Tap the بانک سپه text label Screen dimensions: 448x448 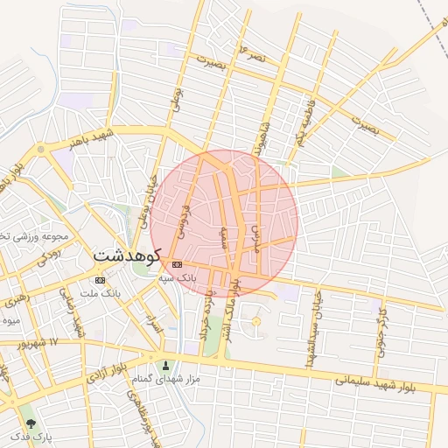click(x=178, y=276)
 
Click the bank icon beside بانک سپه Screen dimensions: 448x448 click(x=178, y=264)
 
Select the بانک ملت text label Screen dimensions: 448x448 click(x=99, y=292)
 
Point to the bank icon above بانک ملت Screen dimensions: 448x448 click(x=100, y=280)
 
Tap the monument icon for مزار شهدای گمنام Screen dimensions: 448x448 click(x=167, y=365)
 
